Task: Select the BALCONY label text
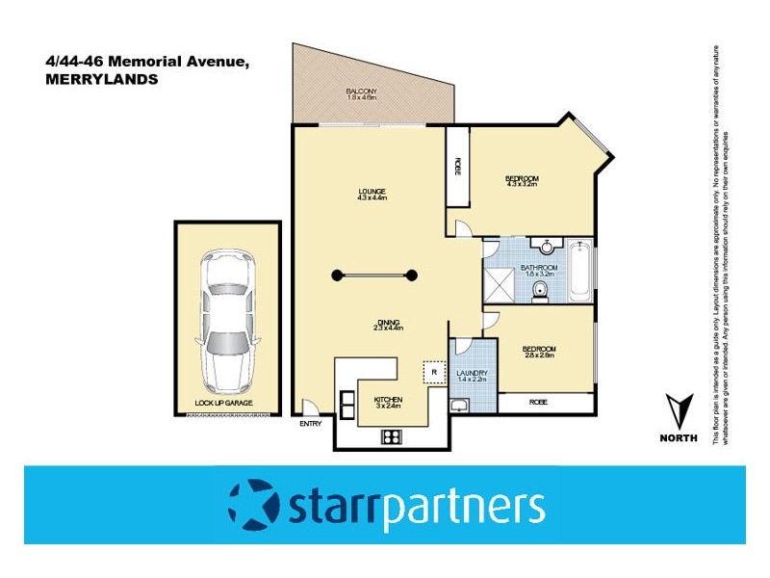point(363,93)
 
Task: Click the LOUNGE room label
point(371,193)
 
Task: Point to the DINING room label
point(388,324)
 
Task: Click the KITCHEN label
point(388,400)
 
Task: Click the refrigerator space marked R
point(434,370)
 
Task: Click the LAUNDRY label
point(472,373)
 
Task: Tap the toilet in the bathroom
point(541,290)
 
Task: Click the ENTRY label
point(311,424)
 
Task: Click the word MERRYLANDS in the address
point(102,81)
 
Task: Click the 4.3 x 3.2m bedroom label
point(522,181)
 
